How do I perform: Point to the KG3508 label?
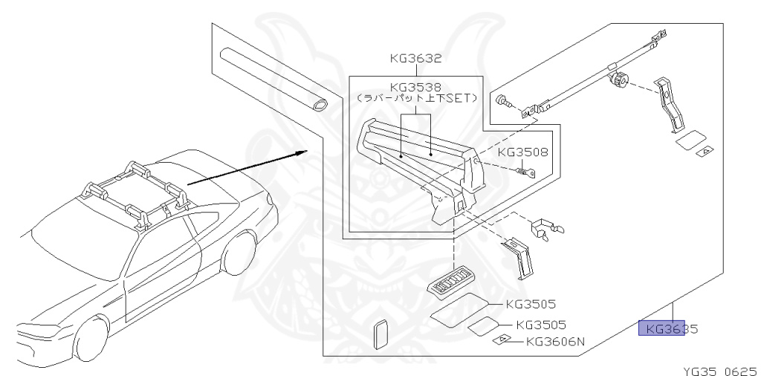tap(523, 152)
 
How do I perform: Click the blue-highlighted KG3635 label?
tap(667, 328)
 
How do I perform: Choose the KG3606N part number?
tap(556, 342)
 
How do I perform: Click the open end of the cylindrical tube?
tap(320, 105)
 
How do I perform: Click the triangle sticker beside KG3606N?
tap(503, 340)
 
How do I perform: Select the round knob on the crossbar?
tap(617, 80)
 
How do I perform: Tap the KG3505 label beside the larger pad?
tap(531, 303)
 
